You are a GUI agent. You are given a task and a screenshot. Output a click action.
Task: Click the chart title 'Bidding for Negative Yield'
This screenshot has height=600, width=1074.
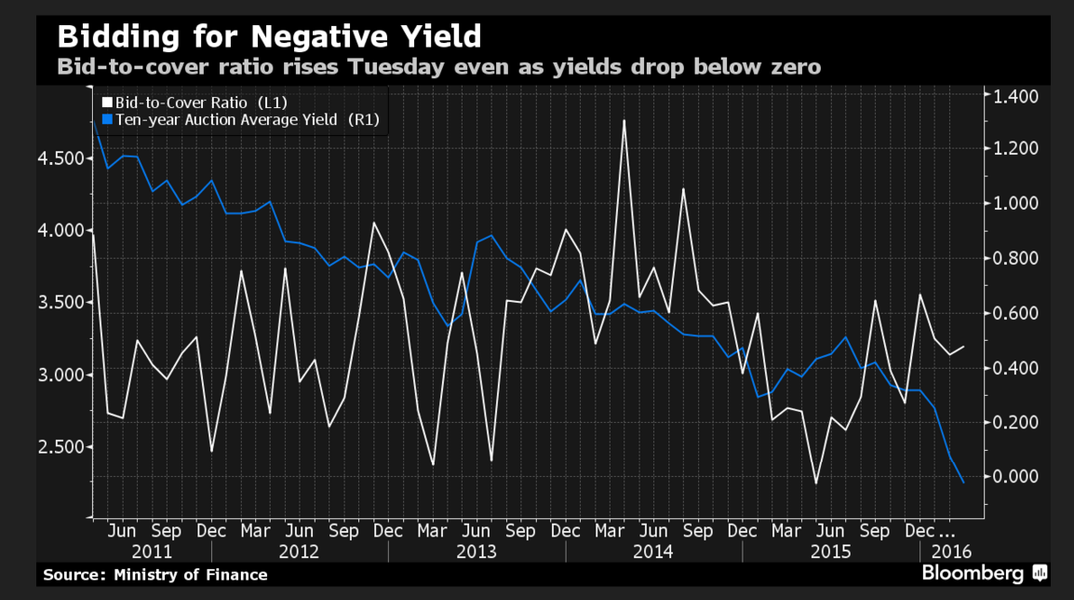point(269,37)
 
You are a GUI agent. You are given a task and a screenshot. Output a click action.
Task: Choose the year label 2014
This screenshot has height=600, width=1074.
point(653,552)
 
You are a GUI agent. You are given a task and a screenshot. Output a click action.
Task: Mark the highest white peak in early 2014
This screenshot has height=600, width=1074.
point(623,121)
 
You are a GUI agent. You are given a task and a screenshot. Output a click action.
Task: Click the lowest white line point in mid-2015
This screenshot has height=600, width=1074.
point(815,483)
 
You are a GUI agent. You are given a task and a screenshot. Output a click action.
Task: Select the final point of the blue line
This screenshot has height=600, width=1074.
point(963,482)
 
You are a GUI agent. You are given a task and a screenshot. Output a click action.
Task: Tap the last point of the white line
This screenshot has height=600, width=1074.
point(963,347)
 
